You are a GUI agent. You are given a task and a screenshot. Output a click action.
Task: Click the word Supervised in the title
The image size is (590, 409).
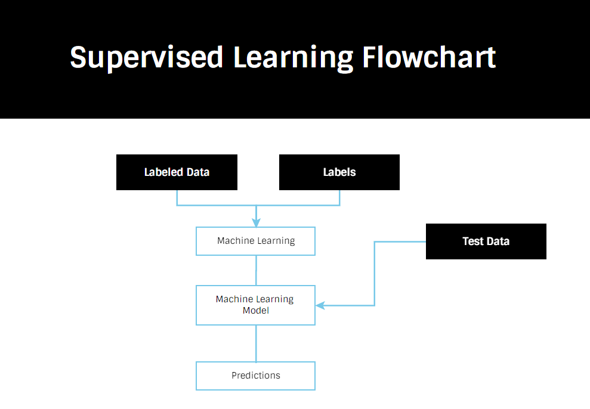146,57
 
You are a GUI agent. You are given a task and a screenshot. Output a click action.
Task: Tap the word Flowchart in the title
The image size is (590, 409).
429,57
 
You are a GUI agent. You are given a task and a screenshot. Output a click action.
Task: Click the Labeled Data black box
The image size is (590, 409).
177,172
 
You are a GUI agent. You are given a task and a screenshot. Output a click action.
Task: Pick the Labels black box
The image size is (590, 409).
339,172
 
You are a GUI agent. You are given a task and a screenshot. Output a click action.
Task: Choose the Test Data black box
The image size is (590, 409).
486,241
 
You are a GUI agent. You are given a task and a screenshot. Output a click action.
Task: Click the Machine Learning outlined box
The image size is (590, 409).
255,241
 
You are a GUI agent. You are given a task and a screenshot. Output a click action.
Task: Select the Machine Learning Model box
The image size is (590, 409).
255,305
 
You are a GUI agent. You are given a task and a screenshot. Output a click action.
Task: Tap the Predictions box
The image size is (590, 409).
255,376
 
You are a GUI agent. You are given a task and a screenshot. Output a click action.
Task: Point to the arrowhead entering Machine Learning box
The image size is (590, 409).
256,223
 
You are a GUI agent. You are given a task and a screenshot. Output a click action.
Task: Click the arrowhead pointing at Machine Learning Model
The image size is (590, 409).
320,305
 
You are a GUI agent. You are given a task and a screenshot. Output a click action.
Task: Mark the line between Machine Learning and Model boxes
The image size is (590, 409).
256,270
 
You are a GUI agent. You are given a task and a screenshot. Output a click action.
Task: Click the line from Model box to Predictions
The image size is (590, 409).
256,343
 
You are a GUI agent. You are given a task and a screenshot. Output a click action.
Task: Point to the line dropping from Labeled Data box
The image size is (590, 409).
177,198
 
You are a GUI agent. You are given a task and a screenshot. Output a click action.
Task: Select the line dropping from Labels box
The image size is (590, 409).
339,198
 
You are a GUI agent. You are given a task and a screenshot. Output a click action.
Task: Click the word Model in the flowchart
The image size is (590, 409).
255,311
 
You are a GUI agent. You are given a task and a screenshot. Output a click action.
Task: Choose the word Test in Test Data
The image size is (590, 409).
472,241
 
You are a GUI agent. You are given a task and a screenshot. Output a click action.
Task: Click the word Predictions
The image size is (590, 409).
255,376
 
